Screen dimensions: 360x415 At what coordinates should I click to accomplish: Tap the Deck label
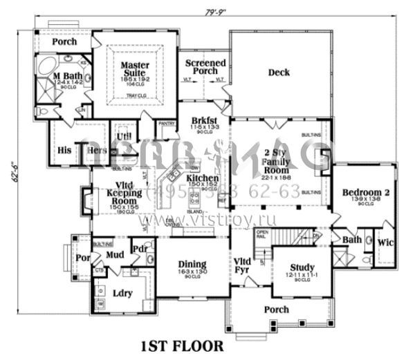click(x=278, y=72)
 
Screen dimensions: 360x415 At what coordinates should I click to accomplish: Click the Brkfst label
click(x=205, y=122)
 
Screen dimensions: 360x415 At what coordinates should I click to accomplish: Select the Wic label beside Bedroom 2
click(x=385, y=243)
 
